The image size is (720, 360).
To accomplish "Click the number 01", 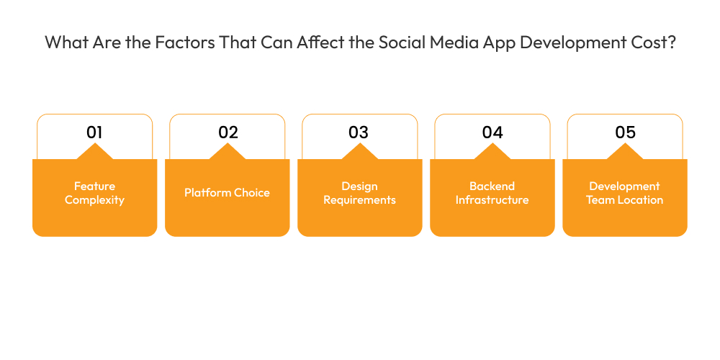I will click(x=94, y=132).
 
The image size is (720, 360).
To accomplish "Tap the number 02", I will click(x=228, y=132).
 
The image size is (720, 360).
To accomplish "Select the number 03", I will click(x=359, y=132).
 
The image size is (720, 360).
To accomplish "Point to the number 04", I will click(x=492, y=132).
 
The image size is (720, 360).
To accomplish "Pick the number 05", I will click(x=625, y=132).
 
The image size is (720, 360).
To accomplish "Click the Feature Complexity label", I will click(x=94, y=193).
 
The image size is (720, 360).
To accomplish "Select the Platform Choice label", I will click(x=227, y=192).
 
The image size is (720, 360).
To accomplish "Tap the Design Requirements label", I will click(x=359, y=193).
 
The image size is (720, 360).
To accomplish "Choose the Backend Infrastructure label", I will click(x=492, y=193).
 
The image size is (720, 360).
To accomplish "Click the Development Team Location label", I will click(x=624, y=193).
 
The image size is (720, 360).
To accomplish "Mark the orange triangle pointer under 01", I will click(x=94, y=152).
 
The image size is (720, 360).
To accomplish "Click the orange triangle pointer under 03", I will click(x=359, y=152).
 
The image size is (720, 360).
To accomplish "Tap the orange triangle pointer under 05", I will click(x=625, y=152).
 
